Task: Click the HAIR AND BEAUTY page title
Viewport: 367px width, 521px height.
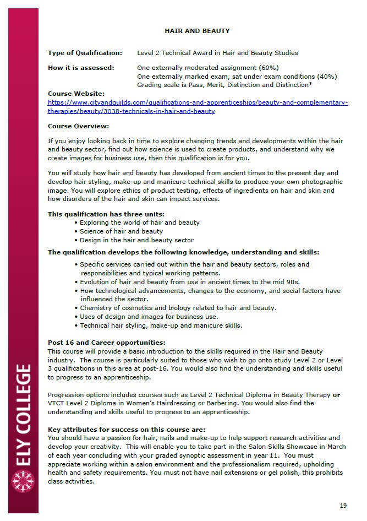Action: [197, 31]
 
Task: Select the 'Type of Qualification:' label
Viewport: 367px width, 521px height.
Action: [85, 53]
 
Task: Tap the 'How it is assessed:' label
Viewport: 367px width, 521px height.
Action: [81, 68]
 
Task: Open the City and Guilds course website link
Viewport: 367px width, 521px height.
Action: [198, 107]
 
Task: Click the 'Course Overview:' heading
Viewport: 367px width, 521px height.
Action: [79, 126]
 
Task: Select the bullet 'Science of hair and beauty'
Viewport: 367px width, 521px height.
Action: [121, 231]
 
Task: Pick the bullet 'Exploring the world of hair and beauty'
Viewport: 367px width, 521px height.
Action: [139, 222]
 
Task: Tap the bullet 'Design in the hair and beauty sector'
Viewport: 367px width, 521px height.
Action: [136, 240]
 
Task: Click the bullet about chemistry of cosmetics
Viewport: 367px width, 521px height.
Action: [178, 308]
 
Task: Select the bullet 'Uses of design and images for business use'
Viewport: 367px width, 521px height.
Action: [149, 317]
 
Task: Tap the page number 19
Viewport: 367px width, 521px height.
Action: [343, 505]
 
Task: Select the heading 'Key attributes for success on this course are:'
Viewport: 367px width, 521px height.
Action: [127, 429]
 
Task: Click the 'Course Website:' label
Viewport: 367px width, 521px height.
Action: [76, 94]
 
